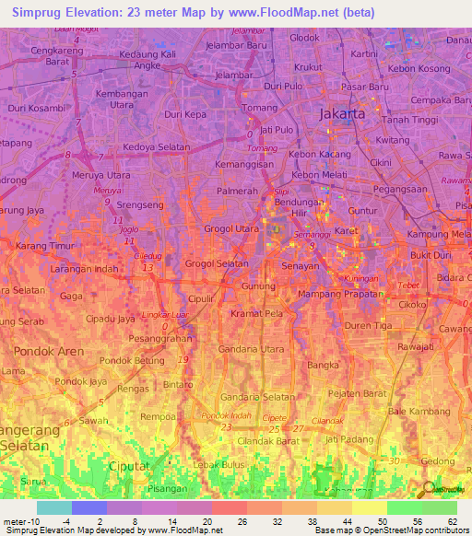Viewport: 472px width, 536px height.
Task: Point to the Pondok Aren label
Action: pos(42,352)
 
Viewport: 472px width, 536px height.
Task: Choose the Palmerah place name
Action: pos(237,192)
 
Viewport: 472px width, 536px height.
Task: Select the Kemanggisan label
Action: pos(245,163)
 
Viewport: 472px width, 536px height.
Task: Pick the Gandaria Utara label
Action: pos(252,350)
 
